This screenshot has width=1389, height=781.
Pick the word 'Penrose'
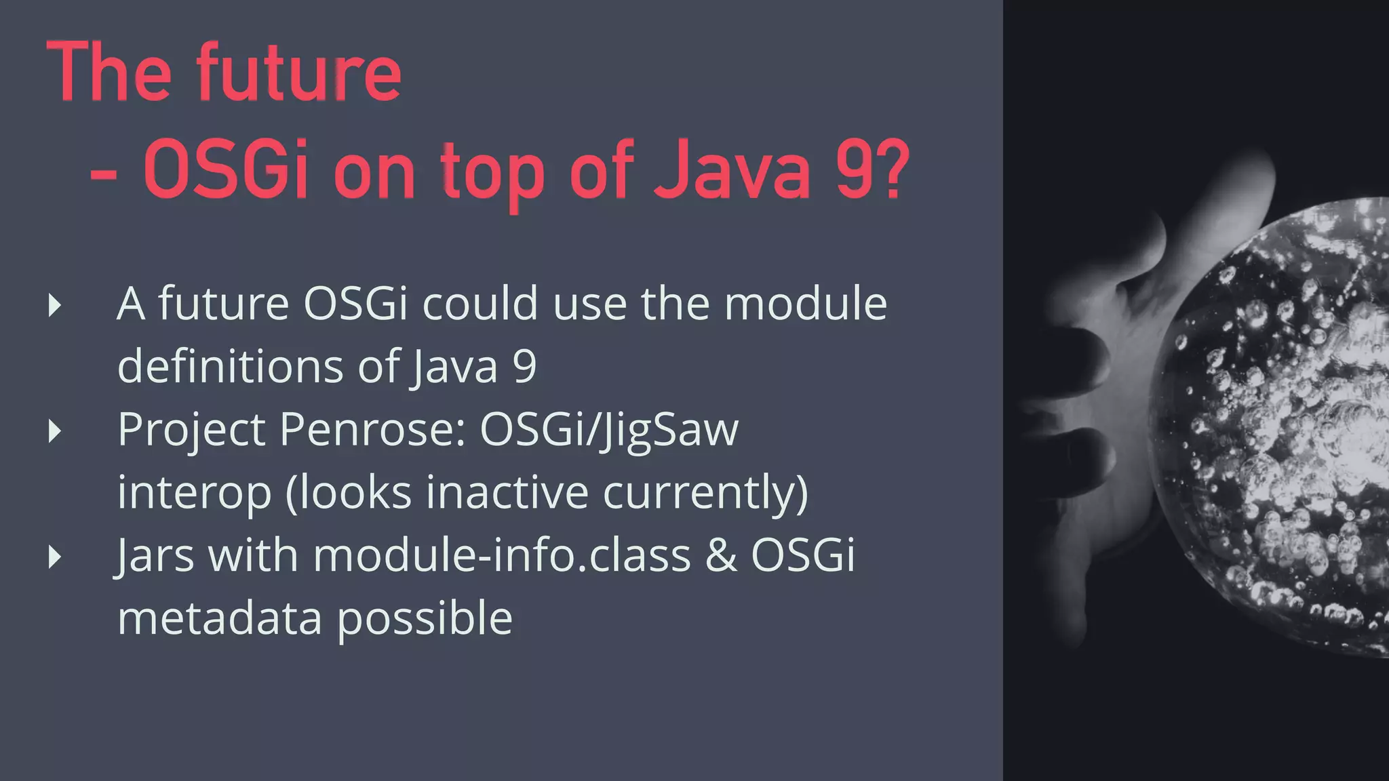pyautogui.click(x=372, y=430)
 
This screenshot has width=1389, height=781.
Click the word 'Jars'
pyautogui.click(x=155, y=555)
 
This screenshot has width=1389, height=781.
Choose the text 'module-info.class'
pyautogui.click(x=502, y=555)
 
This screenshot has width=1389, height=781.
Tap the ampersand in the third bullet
pyautogui.click(x=721, y=555)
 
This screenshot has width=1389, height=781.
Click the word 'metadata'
pyautogui.click(x=219, y=618)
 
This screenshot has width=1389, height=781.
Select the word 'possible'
pyautogui.click(x=425, y=619)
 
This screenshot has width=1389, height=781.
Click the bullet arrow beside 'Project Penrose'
pyautogui.click(x=56, y=431)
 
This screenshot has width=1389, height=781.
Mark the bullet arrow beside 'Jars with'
pyautogui.click(x=56, y=557)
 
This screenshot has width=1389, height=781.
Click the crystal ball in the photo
pyautogui.click(x=1282, y=434)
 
